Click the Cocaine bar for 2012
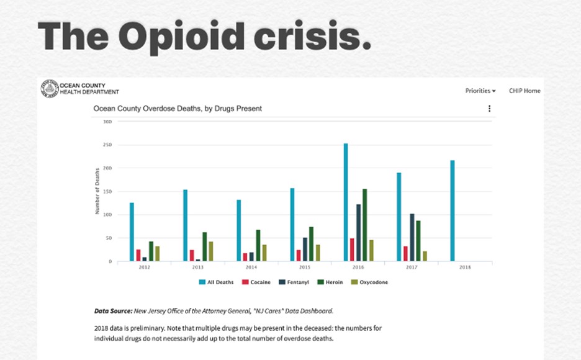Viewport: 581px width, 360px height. pos(138,255)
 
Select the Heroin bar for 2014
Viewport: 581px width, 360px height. pos(258,246)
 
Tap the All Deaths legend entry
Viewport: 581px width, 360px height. pos(217,282)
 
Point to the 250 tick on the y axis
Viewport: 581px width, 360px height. pos(107,145)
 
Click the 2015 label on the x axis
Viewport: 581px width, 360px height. pos(305,267)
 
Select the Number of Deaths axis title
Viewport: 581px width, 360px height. pos(97,191)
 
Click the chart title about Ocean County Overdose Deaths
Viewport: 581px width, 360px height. pos(178,108)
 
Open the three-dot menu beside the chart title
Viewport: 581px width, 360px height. pos(489,109)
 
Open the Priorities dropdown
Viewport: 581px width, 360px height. pos(480,91)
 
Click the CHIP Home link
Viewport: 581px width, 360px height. pos(525,91)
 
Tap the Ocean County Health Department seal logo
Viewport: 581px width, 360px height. pos(49,88)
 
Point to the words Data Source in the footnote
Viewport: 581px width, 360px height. pos(112,310)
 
